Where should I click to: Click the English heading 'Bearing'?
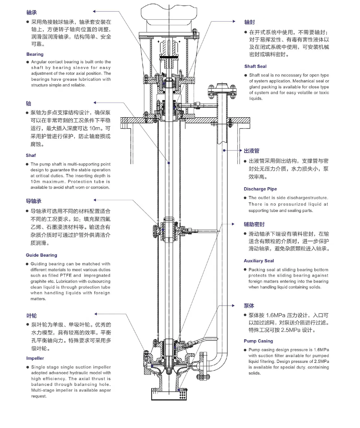click(x=35, y=54)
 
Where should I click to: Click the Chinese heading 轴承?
click(x=31, y=13)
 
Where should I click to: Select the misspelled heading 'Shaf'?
click(x=31, y=156)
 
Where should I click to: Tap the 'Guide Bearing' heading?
click(x=41, y=255)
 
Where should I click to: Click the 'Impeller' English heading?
click(x=35, y=359)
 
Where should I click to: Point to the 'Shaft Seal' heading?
click(x=255, y=67)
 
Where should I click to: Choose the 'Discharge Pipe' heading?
click(x=260, y=189)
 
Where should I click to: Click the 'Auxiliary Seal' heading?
click(x=258, y=261)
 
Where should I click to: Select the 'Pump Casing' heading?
click(x=258, y=341)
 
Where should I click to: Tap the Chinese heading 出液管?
click(x=252, y=150)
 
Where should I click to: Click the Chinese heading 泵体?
click(x=249, y=306)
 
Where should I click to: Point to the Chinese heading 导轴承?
click(x=33, y=201)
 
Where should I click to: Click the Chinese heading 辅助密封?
click(x=254, y=224)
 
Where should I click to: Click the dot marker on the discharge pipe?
click(x=224, y=150)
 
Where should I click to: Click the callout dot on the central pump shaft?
click(x=168, y=163)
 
